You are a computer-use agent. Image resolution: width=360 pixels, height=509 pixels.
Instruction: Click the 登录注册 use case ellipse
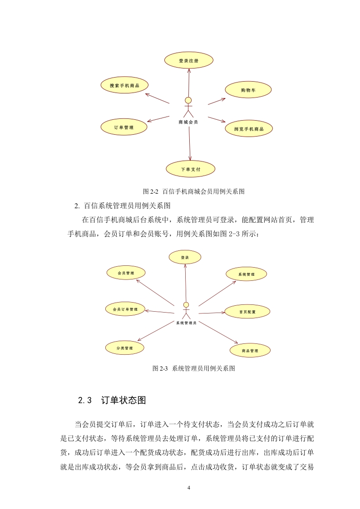[x=188, y=60]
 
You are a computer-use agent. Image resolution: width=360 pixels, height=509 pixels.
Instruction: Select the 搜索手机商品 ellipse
[x=124, y=85]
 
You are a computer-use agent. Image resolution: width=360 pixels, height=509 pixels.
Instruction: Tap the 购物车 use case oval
[x=248, y=90]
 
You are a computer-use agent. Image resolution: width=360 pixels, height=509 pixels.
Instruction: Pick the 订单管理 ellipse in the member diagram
[x=124, y=127]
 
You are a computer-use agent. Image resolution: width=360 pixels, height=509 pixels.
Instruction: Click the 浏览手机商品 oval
[x=249, y=129]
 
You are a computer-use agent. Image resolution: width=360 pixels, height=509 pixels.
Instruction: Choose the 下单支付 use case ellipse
[x=191, y=169]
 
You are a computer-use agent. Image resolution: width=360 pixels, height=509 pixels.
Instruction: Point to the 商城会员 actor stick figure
[x=188, y=108]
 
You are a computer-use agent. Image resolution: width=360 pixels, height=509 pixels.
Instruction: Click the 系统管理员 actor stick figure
[x=186, y=311]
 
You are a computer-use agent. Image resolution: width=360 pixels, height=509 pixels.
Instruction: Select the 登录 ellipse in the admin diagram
[x=185, y=257]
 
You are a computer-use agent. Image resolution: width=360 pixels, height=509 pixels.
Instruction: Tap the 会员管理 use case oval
[x=126, y=273]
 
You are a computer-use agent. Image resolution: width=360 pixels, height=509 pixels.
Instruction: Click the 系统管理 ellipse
[x=247, y=274]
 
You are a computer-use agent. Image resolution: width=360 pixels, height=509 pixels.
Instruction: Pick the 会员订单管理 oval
[x=125, y=309]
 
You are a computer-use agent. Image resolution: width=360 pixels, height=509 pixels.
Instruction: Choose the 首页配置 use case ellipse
[x=247, y=312]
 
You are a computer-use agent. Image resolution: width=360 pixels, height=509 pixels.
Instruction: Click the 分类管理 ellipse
[x=124, y=348]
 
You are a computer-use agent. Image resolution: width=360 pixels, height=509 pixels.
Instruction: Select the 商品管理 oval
[x=250, y=351]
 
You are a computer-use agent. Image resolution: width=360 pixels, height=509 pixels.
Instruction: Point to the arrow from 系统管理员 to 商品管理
[x=218, y=332]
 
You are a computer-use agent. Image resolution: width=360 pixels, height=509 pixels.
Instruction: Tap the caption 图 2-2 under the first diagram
[x=150, y=191]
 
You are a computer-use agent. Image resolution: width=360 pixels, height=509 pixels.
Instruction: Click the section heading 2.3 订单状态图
[x=112, y=400]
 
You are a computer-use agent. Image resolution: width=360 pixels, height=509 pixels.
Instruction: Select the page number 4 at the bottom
[x=189, y=488]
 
